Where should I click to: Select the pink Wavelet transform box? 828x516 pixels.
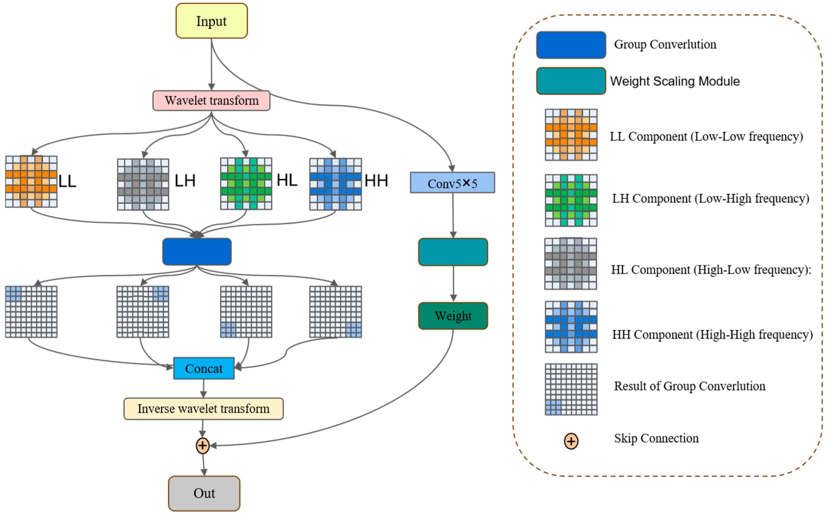coord(211,101)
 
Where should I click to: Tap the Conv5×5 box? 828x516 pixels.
coord(452,183)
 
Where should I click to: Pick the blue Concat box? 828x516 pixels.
coord(204,368)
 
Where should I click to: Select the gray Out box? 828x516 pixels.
coord(204,493)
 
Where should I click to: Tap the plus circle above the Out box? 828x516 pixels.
coord(203,445)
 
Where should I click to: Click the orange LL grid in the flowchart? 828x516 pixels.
coord(31,181)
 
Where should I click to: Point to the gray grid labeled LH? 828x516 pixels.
coord(143,184)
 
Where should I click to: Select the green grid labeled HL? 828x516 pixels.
coord(246,184)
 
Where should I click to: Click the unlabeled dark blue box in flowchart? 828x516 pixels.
coord(197,252)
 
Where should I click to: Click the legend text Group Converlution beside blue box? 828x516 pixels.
coord(665,44)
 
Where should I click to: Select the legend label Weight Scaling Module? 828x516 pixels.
coord(674,81)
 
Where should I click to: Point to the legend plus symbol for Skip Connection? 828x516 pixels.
coord(571,441)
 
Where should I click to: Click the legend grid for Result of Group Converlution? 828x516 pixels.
coord(571,389)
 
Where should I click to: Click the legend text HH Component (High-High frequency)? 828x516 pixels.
coord(712,335)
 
